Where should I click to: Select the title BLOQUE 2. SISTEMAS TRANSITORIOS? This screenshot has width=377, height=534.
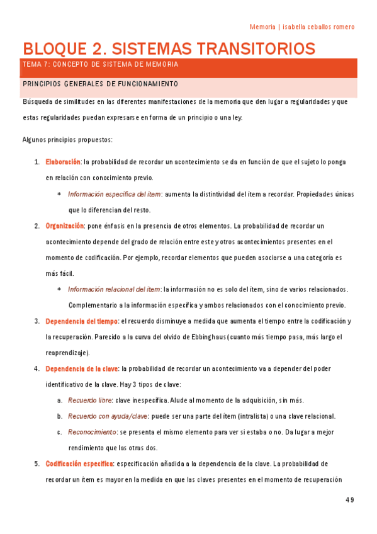(x=169, y=48)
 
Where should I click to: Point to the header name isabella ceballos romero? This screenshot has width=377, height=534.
(x=318, y=26)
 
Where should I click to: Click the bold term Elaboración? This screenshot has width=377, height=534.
(x=64, y=162)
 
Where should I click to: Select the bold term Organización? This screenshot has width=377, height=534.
(x=65, y=225)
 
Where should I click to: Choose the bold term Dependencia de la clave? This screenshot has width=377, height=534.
(x=82, y=368)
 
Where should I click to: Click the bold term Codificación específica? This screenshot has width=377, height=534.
(x=79, y=463)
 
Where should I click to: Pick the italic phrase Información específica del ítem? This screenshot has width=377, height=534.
(x=115, y=194)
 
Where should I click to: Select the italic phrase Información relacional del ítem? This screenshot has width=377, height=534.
(x=114, y=289)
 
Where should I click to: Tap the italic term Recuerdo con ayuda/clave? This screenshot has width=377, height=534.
(x=107, y=416)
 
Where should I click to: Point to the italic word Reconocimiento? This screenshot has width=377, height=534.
(x=92, y=432)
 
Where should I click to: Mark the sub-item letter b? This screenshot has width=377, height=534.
(x=59, y=416)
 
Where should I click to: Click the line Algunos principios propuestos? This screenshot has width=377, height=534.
(x=67, y=139)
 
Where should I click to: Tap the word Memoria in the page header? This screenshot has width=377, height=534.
(x=262, y=26)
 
